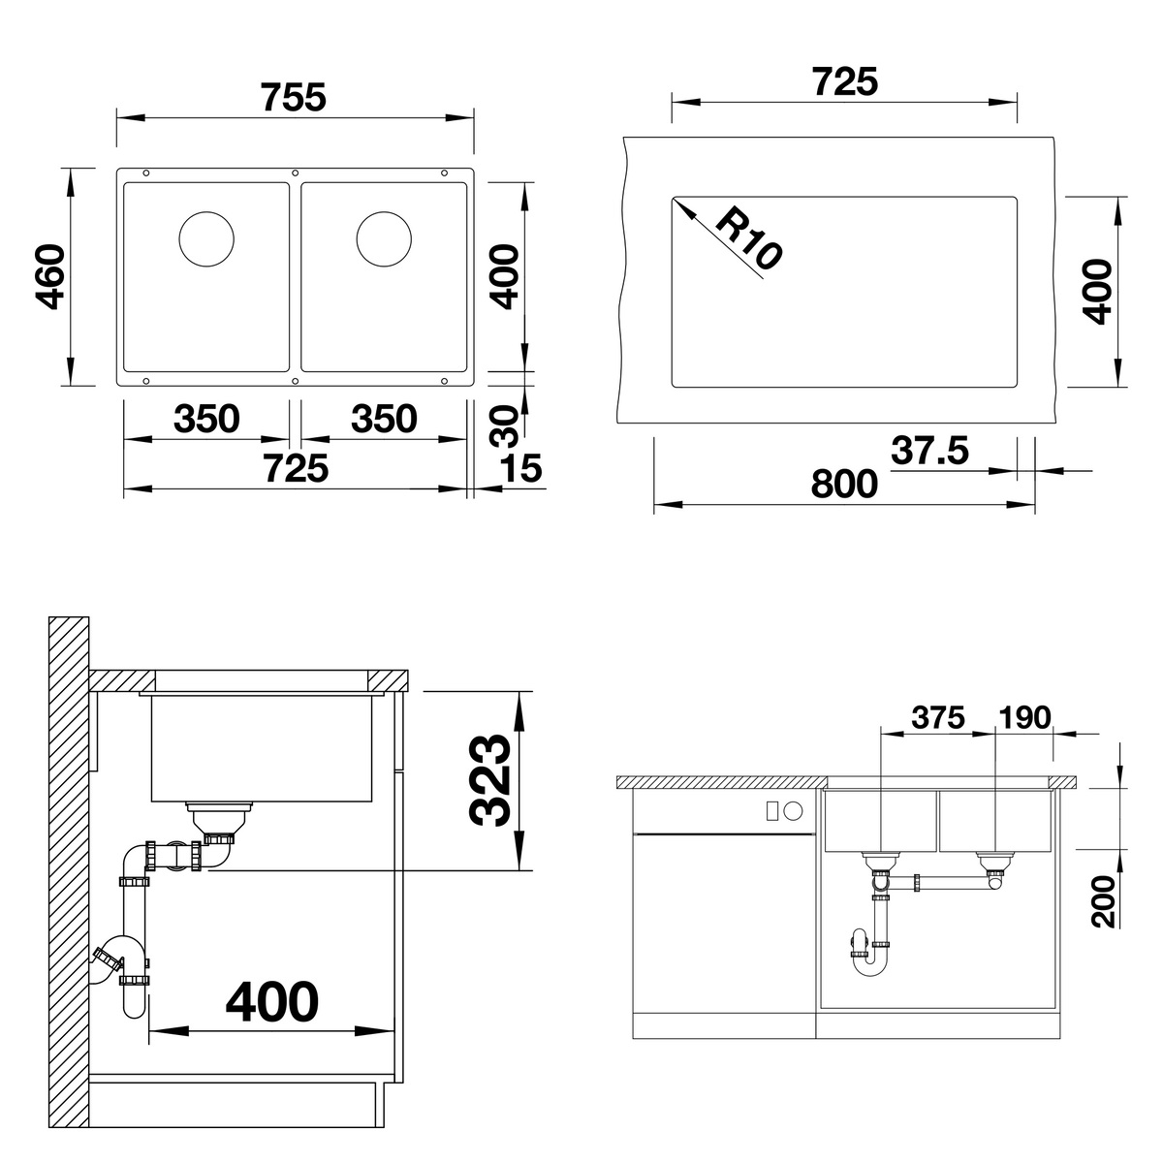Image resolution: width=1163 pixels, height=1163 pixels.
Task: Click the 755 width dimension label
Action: [x=294, y=97]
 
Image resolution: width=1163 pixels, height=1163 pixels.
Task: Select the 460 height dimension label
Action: [x=49, y=277]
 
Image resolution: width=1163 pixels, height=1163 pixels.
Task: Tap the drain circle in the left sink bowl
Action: [x=206, y=239]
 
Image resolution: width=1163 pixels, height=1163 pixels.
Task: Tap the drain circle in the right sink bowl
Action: [x=384, y=239]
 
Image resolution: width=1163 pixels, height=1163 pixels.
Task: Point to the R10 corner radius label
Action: [x=749, y=236]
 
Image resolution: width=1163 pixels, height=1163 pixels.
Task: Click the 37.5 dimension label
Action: [x=930, y=451]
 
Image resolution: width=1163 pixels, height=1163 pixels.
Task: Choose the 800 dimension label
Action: [x=844, y=484]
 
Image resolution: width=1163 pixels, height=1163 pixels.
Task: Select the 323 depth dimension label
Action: [x=490, y=780]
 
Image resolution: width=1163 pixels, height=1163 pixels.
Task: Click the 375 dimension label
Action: [x=938, y=717]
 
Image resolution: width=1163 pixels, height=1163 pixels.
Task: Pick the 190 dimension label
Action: [x=1024, y=717]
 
